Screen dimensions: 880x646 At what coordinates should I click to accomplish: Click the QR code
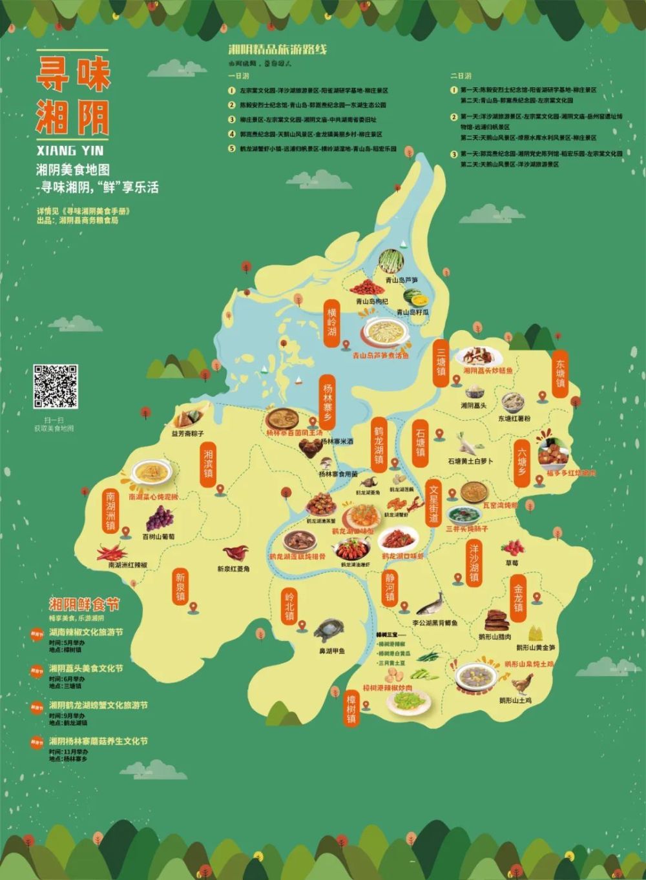point(56,387)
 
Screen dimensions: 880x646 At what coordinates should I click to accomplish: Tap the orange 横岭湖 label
point(332,322)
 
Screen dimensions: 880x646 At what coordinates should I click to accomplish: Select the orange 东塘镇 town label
point(560,374)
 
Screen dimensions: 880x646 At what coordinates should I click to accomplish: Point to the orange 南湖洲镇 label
point(111,511)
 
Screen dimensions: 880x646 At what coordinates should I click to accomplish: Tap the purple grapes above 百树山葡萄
point(159,518)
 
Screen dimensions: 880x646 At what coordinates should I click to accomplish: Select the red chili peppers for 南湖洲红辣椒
point(112,553)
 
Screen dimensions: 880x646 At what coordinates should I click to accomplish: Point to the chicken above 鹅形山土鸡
point(521,683)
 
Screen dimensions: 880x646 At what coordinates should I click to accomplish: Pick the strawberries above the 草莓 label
point(513,547)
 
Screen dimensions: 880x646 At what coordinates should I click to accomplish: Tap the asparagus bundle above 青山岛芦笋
point(391,261)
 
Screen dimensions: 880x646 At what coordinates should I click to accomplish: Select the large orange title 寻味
point(72,75)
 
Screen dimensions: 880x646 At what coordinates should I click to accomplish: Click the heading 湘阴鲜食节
point(85,605)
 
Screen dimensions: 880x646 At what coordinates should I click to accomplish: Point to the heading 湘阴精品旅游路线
point(278,50)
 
